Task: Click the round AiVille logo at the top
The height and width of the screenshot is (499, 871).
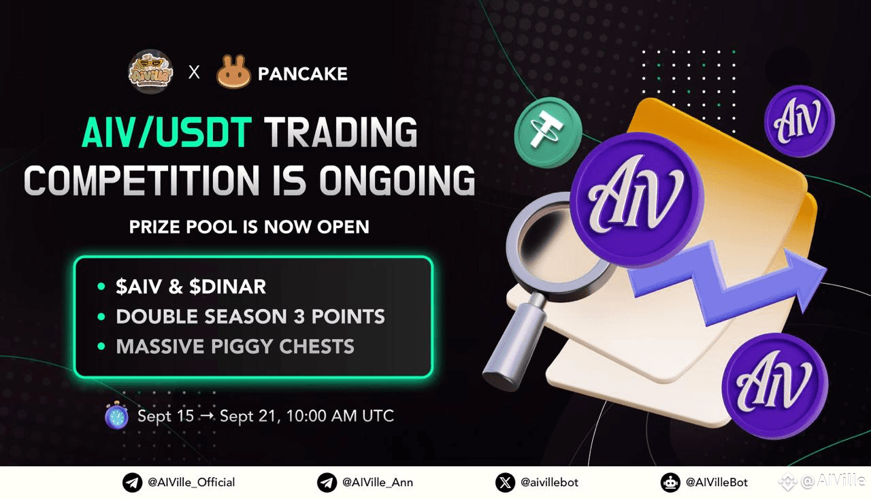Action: pos(151,72)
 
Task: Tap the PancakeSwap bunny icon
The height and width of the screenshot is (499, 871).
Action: pos(233,72)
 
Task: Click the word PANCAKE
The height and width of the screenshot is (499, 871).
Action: pos(303,74)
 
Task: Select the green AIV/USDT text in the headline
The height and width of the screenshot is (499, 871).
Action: pos(167,132)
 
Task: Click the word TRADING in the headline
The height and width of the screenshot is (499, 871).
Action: pos(341,132)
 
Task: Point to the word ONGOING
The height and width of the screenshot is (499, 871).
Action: pos(397,180)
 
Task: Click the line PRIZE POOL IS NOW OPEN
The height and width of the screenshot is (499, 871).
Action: pos(249,227)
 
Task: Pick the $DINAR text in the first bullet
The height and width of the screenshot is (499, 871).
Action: pos(227,287)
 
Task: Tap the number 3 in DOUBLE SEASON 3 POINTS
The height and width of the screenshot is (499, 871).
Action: pos(299,316)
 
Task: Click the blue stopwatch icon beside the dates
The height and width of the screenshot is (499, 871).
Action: pos(116,415)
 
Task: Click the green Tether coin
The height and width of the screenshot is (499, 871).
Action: pos(548,132)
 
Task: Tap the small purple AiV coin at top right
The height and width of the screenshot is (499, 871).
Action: pos(800,121)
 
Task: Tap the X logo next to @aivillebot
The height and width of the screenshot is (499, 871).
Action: pos(505,483)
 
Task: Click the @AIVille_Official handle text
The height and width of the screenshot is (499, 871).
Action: pos(191,482)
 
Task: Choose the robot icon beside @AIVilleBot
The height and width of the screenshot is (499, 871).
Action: pos(670,483)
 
